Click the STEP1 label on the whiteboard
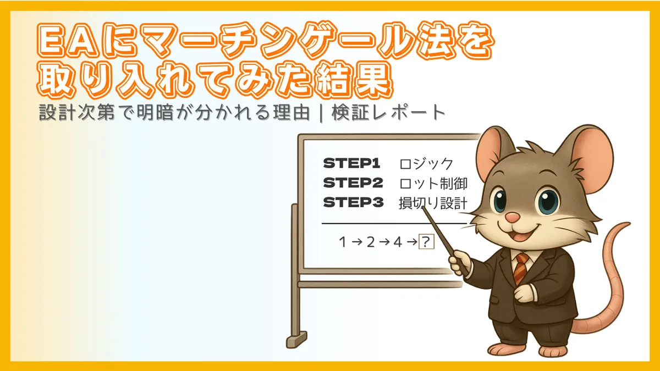coord(352,163)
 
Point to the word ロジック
coord(426,164)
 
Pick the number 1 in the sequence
coord(343,242)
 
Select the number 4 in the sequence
coord(398,242)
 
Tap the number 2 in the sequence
coord(370,242)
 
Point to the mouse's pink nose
coord(512,218)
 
